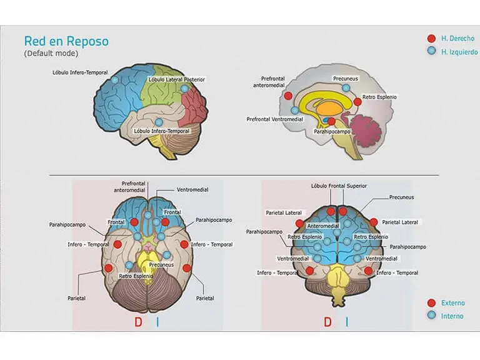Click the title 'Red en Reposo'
(66, 41)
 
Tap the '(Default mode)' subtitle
(51, 54)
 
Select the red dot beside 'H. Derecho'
(431, 39)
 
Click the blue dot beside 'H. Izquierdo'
(431, 51)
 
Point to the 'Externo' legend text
(453, 303)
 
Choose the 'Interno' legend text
(452, 316)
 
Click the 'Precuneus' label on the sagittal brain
(346, 79)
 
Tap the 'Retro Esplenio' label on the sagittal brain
(379, 97)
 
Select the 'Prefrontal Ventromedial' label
(275, 119)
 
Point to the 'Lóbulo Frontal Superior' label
(339, 186)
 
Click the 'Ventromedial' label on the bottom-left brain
(192, 189)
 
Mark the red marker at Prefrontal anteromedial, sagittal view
(288, 96)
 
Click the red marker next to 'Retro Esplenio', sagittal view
(357, 101)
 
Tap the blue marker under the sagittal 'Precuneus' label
(346, 88)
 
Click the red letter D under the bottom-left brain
(139, 322)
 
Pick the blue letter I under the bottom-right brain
(347, 322)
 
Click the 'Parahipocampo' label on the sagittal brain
(331, 132)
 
